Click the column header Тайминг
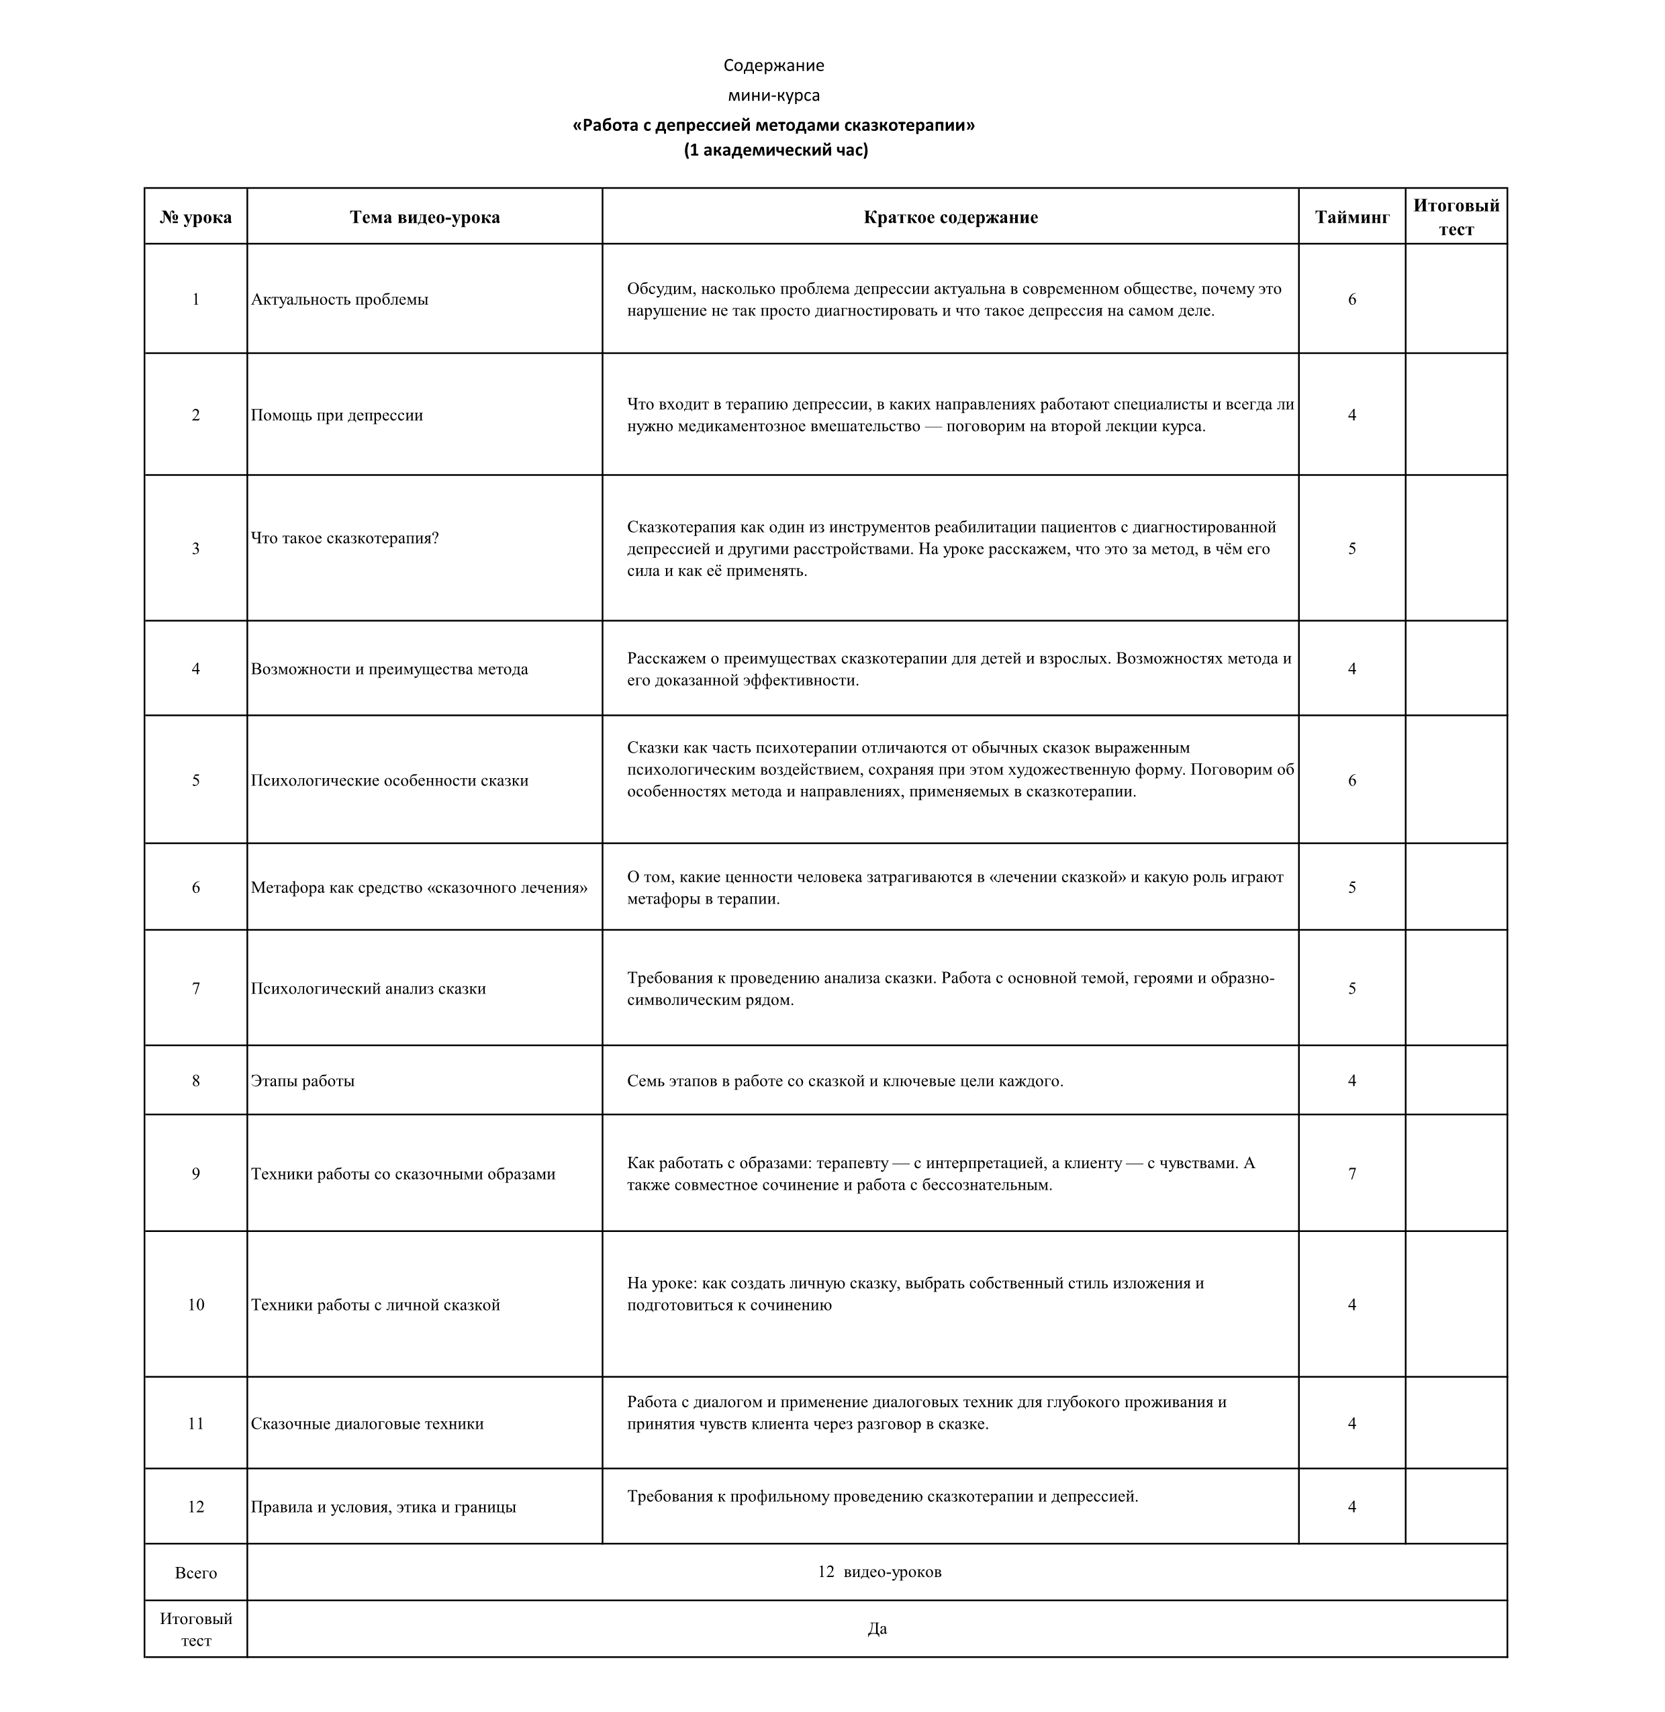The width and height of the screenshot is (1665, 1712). coord(1352,217)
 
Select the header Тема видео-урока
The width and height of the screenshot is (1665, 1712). coord(425,217)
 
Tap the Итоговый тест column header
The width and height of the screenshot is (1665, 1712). coord(1456,217)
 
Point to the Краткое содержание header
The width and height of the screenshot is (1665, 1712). coord(951,217)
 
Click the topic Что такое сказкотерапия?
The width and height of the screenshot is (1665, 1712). coord(344,538)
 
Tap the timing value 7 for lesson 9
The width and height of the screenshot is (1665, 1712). coord(1352,1174)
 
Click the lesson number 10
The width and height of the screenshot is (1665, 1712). coord(196,1304)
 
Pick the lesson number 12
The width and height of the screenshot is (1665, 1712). coord(196,1507)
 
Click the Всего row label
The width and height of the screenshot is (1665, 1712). coord(196,1573)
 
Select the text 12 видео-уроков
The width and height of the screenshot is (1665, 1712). coord(879,1571)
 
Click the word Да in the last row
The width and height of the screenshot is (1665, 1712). coord(877,1628)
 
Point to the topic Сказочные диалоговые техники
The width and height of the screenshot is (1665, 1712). coord(367,1423)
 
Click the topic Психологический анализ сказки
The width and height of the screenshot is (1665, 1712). coord(368,988)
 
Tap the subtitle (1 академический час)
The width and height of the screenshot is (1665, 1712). coord(775,150)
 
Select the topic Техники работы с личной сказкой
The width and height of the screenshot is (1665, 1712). coord(375,1304)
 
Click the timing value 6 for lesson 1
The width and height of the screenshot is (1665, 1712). coord(1352,299)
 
